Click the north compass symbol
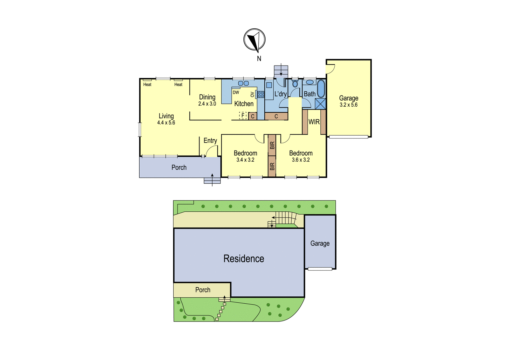coord(254,40)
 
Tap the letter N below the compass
coord(259,59)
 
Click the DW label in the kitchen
coord(236,92)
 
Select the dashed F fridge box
coord(243,116)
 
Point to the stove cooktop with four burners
coord(261,94)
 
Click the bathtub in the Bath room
coord(321,88)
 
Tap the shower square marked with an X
coord(320,104)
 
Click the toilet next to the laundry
coord(295,83)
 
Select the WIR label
coord(314,122)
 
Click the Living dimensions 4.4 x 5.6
coord(166,123)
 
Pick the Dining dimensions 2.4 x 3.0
coord(207,104)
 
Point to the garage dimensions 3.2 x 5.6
coord(349,105)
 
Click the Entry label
coord(210,141)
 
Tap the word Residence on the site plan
coord(244,258)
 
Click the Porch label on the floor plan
coord(179,167)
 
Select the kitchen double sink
coord(243,83)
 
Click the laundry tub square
coord(269,85)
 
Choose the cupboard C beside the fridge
coord(253,116)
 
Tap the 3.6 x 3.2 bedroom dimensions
coord(301,160)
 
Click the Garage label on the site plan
coord(320,244)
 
